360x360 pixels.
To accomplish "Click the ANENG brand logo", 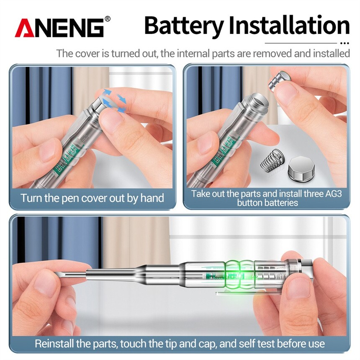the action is (x=59, y=28).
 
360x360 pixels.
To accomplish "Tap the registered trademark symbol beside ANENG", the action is (x=107, y=19).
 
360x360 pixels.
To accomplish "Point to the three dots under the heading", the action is (x=345, y=43).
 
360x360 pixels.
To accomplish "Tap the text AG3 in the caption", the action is (x=334, y=194).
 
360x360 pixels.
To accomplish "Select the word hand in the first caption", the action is (x=152, y=198).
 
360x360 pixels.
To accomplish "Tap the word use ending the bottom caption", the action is (x=317, y=344).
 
